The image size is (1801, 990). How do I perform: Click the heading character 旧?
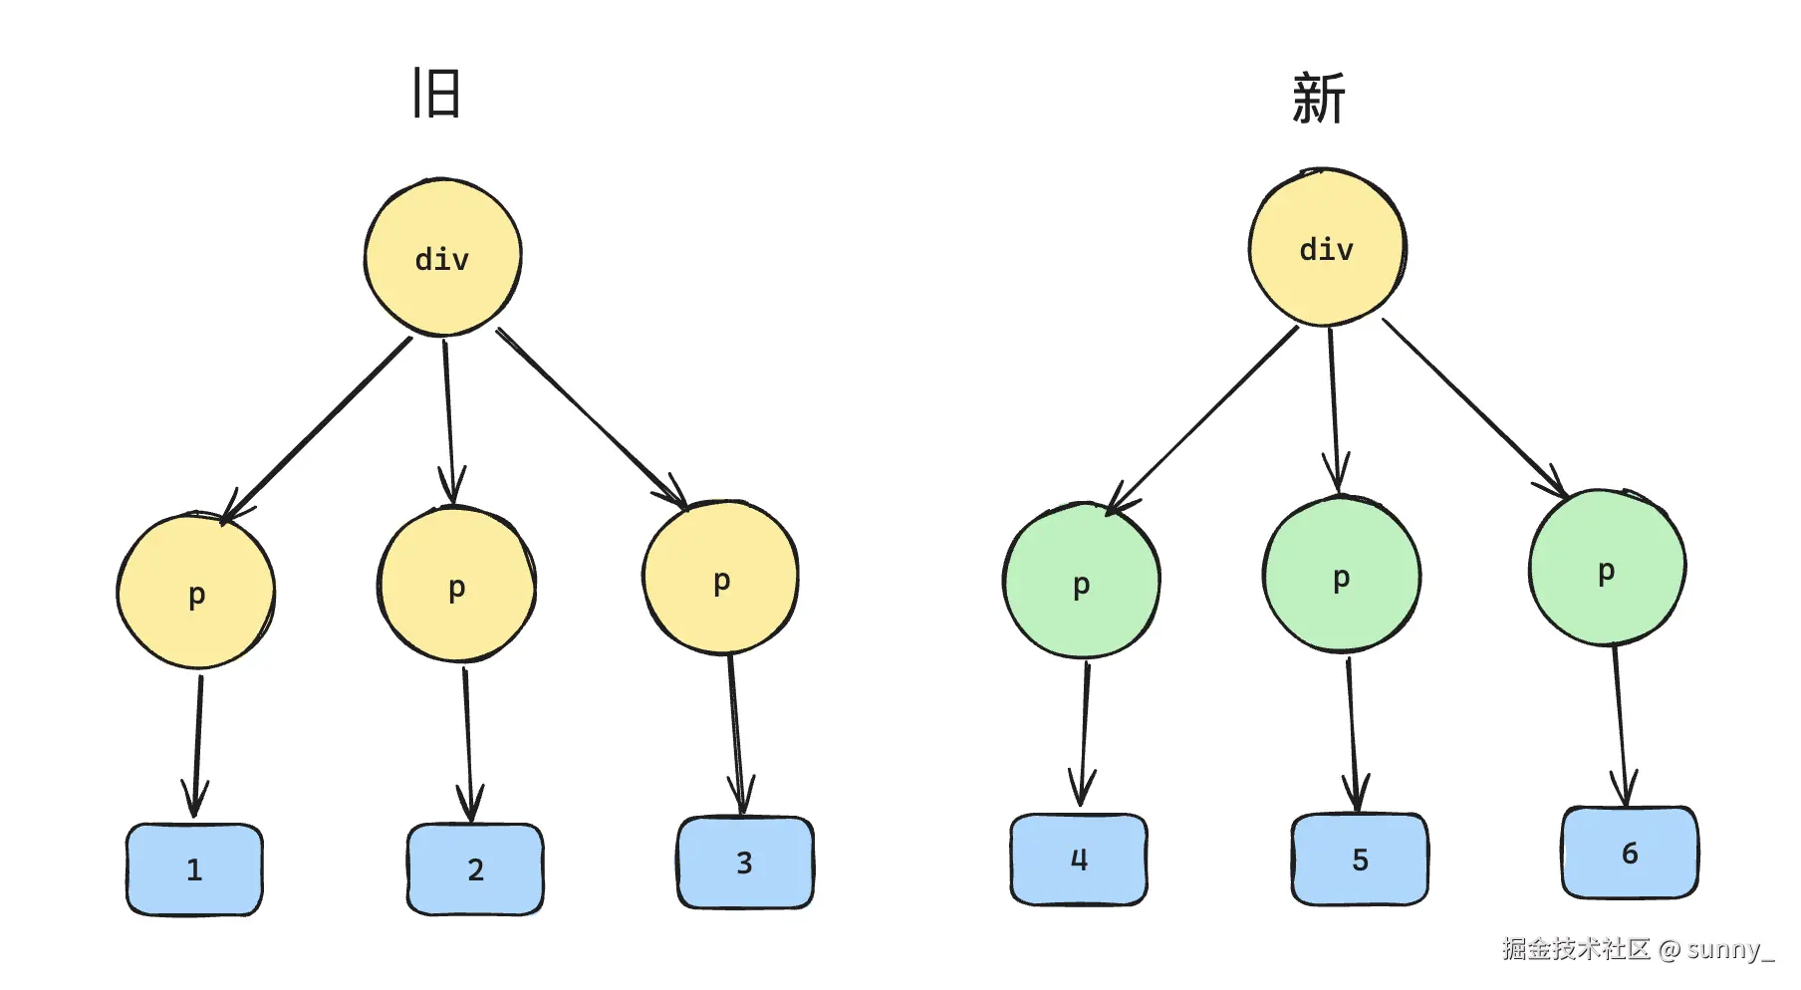436,93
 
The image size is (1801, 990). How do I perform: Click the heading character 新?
1318,99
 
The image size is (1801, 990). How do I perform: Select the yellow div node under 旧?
442,258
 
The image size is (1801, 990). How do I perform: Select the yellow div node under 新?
1327,248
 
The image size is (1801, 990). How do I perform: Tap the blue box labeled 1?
194,868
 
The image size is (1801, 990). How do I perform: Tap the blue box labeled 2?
475,868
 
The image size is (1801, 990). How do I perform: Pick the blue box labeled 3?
745,863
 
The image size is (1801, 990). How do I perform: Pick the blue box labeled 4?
1079,860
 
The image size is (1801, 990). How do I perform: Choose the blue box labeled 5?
1360,860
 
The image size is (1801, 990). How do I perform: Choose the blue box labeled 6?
1630,853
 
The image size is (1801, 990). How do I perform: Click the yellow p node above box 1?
196,592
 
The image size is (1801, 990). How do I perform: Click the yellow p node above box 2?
457,586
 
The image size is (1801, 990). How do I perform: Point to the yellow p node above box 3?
721,579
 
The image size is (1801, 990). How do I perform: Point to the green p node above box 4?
1081,583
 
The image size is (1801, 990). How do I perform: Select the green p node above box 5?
1342,576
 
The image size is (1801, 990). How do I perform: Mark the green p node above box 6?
1606,569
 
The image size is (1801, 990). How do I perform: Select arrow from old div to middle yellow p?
448,418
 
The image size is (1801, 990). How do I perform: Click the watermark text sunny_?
1730,949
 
